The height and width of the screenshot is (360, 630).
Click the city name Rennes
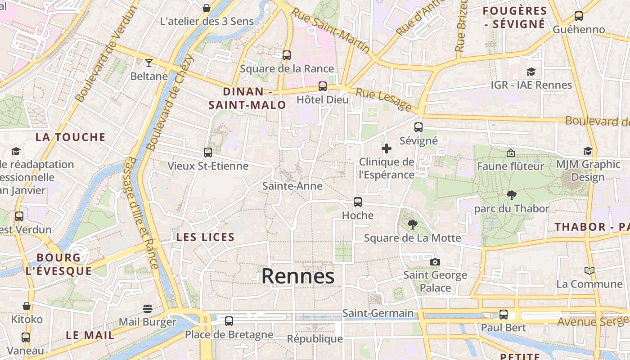click(298, 276)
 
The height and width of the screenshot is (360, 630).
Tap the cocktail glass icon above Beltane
click(149, 63)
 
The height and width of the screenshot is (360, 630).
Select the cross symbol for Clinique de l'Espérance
click(387, 148)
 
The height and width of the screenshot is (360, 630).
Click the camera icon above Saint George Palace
click(435, 262)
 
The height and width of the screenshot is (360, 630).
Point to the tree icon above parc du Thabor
click(511, 195)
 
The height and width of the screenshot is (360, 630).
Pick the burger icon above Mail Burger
click(148, 309)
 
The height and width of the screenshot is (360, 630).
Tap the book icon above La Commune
click(589, 270)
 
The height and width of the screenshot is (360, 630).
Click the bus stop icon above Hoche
click(358, 202)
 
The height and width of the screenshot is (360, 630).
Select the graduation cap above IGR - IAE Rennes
click(531, 72)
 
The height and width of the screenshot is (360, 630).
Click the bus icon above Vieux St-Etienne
click(208, 153)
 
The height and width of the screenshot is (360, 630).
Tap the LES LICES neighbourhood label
click(205, 237)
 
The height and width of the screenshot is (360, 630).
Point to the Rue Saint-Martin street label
click(330, 31)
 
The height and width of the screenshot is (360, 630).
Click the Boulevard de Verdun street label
click(107, 54)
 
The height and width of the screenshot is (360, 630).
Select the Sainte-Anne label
click(292, 186)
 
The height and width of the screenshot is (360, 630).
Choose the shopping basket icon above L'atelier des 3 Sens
click(207, 8)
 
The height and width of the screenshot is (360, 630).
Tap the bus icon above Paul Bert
click(503, 315)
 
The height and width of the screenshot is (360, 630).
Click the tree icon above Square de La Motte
click(412, 225)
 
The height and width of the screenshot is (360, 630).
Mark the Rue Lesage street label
click(384, 99)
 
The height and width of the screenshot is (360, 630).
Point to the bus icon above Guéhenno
click(579, 16)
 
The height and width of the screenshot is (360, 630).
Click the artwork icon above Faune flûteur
click(510, 153)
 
